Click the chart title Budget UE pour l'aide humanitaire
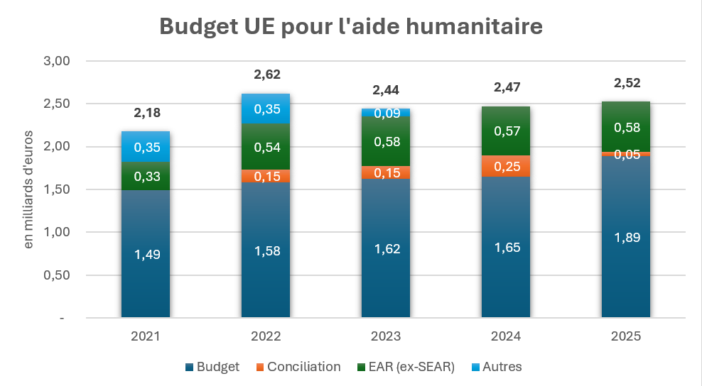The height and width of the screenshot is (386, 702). click(351, 26)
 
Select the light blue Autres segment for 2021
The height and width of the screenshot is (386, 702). click(146, 146)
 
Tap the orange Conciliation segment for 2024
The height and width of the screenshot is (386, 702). click(506, 166)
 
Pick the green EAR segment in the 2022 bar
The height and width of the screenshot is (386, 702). click(266, 147)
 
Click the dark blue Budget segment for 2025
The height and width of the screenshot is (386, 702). click(626, 236)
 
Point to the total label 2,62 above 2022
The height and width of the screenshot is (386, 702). click(266, 75)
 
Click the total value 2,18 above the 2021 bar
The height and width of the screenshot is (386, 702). click(146, 112)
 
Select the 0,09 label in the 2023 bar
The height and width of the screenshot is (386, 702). click(386, 113)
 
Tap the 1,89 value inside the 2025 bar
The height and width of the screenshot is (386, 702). click(626, 237)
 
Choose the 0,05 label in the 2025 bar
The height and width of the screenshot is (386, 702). click(626, 155)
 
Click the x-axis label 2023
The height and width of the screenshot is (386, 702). click(386, 336)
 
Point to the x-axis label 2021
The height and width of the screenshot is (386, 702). click(146, 336)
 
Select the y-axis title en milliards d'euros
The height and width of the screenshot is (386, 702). click(29, 189)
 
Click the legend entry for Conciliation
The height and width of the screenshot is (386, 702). click(298, 367)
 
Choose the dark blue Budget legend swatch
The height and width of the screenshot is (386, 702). click(189, 367)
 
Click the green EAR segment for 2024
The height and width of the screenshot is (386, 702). click(506, 131)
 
